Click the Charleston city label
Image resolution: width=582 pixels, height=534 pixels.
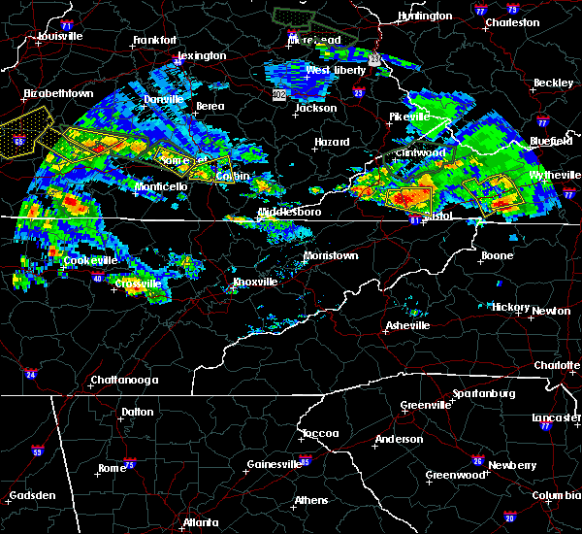point(513,21)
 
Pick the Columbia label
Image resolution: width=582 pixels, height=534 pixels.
point(554,495)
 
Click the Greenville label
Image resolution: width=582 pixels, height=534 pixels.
point(425,405)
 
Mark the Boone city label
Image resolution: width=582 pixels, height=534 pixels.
point(497,256)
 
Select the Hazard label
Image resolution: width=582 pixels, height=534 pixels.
point(331,142)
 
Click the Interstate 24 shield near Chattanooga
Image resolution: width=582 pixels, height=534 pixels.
point(31,374)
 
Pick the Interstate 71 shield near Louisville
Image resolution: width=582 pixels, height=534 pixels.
point(67,23)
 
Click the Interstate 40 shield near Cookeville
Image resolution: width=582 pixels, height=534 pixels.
point(97,279)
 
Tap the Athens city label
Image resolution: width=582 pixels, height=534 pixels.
point(310,501)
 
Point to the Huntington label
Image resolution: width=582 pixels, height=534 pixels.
point(424,16)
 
